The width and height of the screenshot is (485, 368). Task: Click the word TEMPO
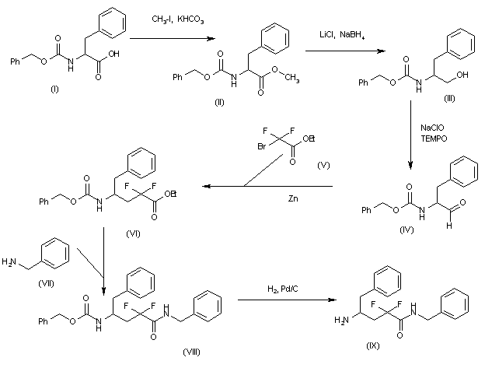(x=431, y=138)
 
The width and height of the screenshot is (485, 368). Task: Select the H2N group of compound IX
(x=339, y=320)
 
